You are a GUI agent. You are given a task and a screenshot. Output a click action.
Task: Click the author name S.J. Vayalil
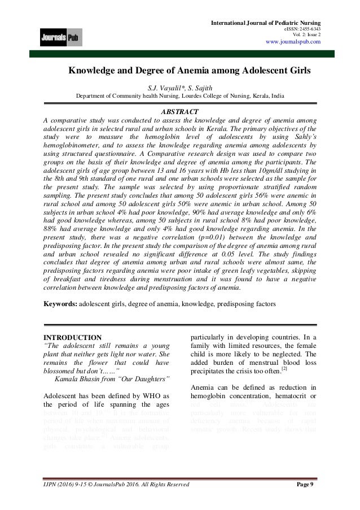(164, 88)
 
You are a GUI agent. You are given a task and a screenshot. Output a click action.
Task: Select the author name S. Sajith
(201, 88)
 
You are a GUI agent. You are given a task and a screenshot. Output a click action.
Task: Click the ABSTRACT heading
(180, 111)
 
